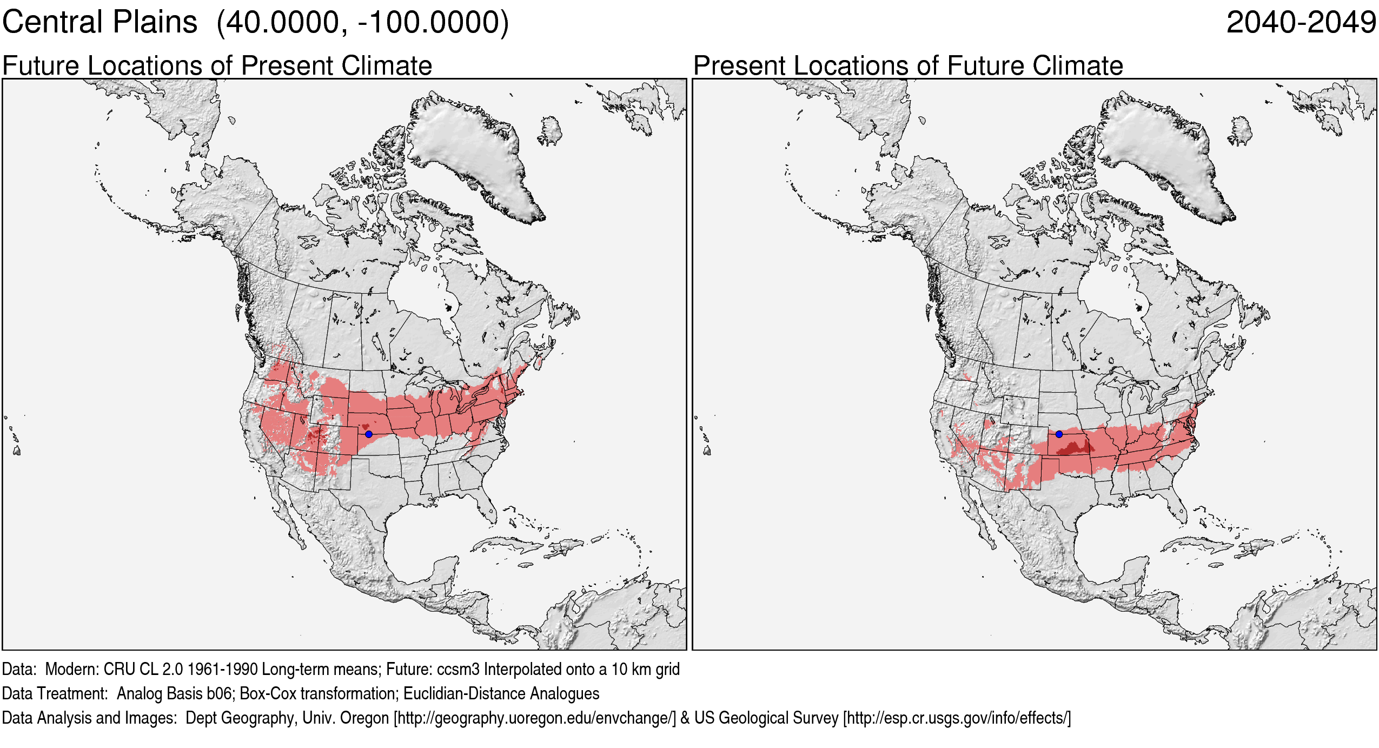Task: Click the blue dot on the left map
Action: pyautogui.click(x=369, y=434)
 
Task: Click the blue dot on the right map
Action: pyautogui.click(x=1059, y=434)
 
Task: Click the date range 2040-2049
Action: pyautogui.click(x=1301, y=23)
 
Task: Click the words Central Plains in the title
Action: pyautogui.click(x=100, y=23)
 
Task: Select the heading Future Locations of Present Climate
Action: pyautogui.click(x=217, y=65)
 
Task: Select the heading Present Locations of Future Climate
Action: pyautogui.click(x=908, y=65)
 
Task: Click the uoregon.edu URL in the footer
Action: pyautogui.click(x=534, y=718)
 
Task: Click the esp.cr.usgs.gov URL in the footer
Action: pyautogui.click(x=957, y=718)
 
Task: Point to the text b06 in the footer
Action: pyautogui.click(x=220, y=693)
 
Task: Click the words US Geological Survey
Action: pyautogui.click(x=766, y=718)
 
